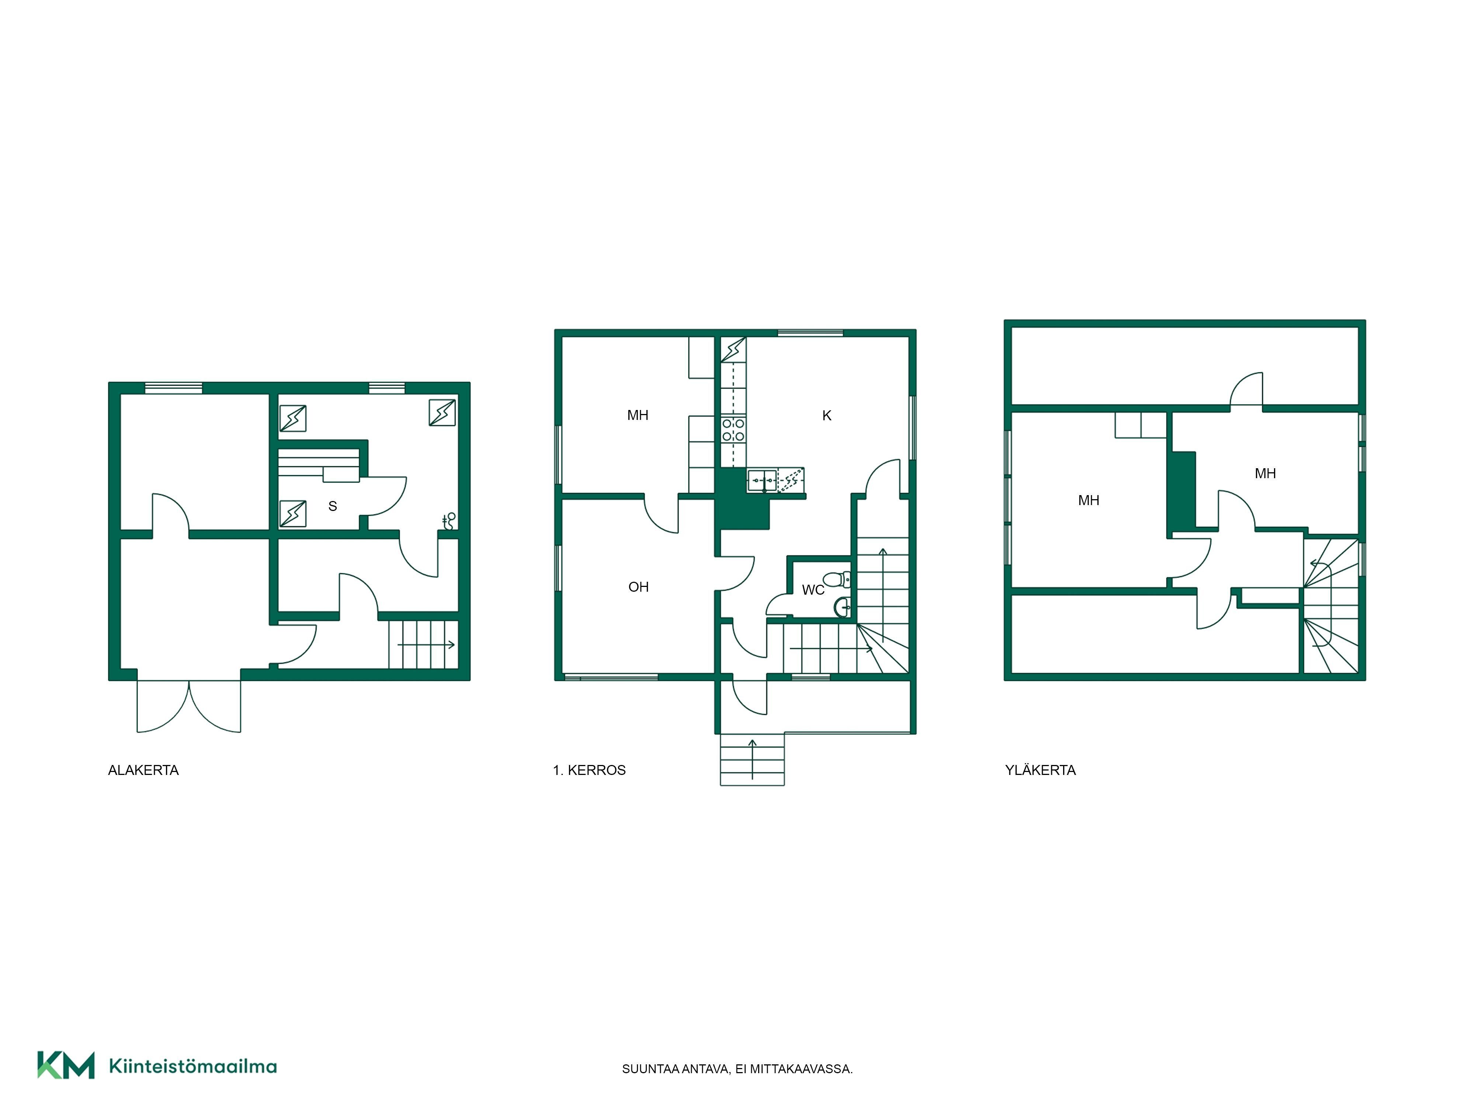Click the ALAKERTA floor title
point(143,771)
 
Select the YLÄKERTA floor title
point(1040,771)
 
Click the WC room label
point(813,590)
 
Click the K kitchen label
point(827,416)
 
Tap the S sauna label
point(333,507)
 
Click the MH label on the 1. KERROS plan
point(638,415)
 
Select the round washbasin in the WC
point(842,607)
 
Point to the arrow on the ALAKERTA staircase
point(427,645)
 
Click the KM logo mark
point(65,1065)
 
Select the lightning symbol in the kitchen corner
point(733,349)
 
